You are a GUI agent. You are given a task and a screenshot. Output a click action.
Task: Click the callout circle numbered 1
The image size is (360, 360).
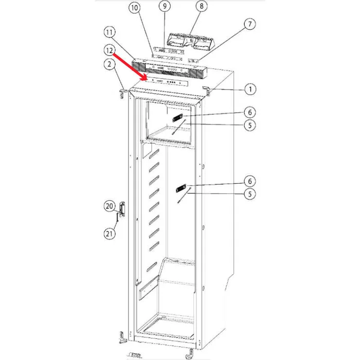[249, 89]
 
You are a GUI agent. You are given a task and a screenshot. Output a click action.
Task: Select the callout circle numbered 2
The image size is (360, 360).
[109, 64]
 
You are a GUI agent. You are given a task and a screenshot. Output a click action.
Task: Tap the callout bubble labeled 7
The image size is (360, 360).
[249, 24]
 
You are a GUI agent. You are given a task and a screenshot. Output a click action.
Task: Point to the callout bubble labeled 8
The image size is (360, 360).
[201, 7]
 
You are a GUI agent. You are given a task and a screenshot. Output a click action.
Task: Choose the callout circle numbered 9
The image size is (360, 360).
[165, 7]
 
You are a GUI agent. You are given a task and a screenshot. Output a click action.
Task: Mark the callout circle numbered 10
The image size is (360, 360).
[134, 8]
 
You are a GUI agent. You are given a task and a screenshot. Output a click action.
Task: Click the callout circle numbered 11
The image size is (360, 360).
[109, 33]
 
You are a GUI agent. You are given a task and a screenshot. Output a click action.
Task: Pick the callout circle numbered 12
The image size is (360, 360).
[109, 50]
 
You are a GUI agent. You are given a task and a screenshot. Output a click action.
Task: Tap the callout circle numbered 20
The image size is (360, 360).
[109, 206]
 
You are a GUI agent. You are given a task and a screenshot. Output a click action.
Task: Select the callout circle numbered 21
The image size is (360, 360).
[109, 234]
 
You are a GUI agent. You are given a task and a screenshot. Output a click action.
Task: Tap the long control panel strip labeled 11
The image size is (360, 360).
[170, 67]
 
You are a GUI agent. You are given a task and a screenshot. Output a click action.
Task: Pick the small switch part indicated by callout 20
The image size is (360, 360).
[123, 207]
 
